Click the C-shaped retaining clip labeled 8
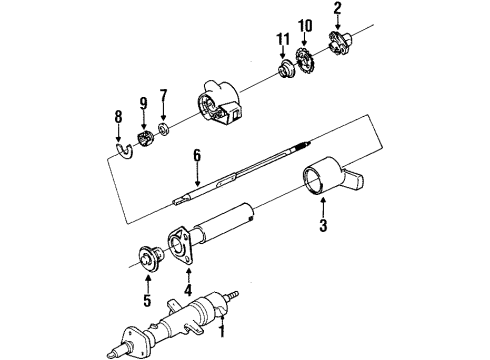pyautogui.click(x=121, y=151)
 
